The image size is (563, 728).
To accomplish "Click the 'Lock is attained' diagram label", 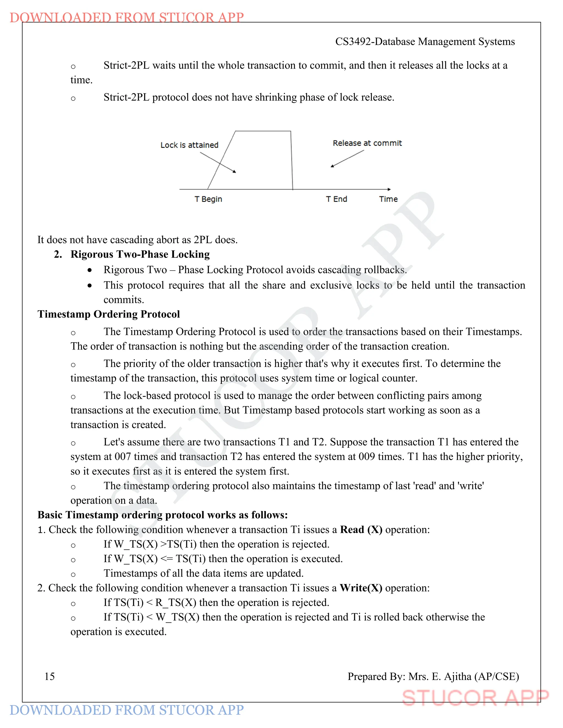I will click(x=189, y=145).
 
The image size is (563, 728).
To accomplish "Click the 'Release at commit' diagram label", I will click(x=367, y=143).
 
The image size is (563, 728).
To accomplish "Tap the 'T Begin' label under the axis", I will click(x=208, y=199).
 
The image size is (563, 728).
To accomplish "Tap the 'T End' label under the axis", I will click(x=336, y=199).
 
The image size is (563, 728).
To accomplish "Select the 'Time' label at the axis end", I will click(x=388, y=199).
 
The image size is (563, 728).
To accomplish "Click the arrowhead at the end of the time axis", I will click(x=389, y=189).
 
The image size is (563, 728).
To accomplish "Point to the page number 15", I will click(x=49, y=676).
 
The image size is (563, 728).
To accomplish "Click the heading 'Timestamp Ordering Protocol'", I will click(x=109, y=314).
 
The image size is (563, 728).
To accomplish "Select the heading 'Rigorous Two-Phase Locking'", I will click(x=140, y=254).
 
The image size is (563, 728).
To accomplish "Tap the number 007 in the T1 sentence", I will click(x=122, y=456).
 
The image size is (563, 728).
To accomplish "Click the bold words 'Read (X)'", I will click(x=361, y=530).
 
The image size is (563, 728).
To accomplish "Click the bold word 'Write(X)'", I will click(x=361, y=588).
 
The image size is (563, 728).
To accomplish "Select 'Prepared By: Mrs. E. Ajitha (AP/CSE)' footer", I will click(x=433, y=676).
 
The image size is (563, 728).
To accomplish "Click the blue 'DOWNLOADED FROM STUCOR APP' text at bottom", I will click(x=127, y=710).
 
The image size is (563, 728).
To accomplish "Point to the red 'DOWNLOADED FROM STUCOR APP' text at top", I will click(x=127, y=17).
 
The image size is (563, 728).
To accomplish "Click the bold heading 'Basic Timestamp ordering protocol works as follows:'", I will click(x=162, y=515).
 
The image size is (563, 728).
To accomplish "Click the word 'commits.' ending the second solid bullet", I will click(x=124, y=300).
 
